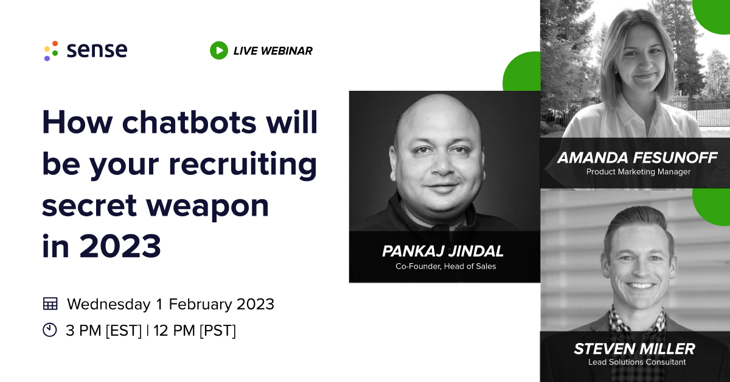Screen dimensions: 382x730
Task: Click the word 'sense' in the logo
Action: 97,51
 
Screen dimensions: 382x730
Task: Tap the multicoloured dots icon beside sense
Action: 51,51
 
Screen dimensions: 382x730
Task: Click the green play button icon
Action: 218,51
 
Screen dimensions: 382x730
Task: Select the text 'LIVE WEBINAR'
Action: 273,51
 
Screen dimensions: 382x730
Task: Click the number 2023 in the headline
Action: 120,246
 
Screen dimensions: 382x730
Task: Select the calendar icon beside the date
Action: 50,303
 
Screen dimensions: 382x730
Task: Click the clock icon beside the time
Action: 50,330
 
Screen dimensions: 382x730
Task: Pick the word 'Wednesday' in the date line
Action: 109,304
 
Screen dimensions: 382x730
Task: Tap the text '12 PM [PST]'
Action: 195,331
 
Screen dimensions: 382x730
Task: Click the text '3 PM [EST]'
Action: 103,331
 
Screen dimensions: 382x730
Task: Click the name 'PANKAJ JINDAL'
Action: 443,251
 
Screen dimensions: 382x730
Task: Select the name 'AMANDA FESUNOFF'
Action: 638,158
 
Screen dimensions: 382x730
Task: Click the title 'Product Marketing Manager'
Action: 638,172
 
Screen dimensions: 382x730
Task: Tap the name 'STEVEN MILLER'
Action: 634,349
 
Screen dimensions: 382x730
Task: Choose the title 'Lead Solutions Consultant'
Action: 636,363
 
